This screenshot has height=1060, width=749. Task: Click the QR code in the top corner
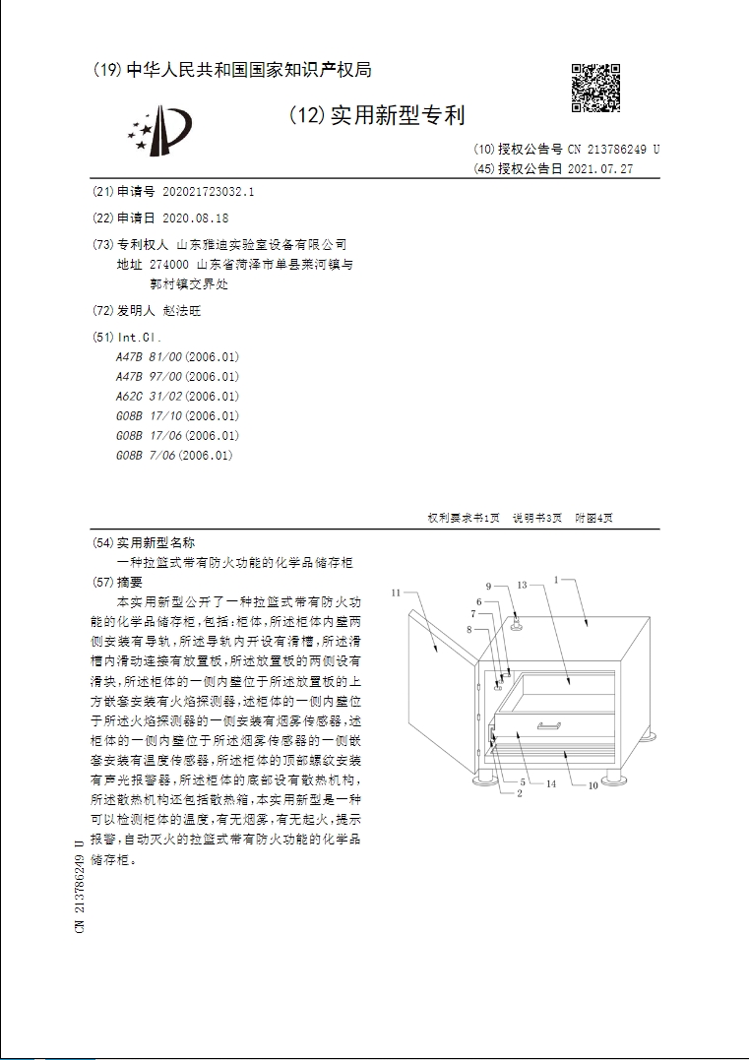pyautogui.click(x=596, y=89)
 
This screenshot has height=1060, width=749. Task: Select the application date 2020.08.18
pyautogui.click(x=195, y=218)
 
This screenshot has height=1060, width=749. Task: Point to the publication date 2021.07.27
pyautogui.click(x=600, y=168)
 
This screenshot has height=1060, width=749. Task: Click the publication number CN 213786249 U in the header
pyautogui.click(x=613, y=150)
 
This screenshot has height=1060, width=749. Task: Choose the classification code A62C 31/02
pyautogui.click(x=178, y=397)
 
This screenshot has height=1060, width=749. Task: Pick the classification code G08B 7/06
pyautogui.click(x=174, y=456)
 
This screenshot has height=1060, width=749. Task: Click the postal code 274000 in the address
pyautogui.click(x=169, y=265)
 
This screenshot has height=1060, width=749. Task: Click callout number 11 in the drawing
pyautogui.click(x=396, y=592)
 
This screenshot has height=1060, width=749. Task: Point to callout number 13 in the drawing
pyautogui.click(x=523, y=585)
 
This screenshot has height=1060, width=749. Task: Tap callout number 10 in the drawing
pyautogui.click(x=593, y=785)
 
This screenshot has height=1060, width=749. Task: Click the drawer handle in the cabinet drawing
pyautogui.click(x=549, y=726)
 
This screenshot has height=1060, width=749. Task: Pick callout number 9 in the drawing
pyautogui.click(x=489, y=587)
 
